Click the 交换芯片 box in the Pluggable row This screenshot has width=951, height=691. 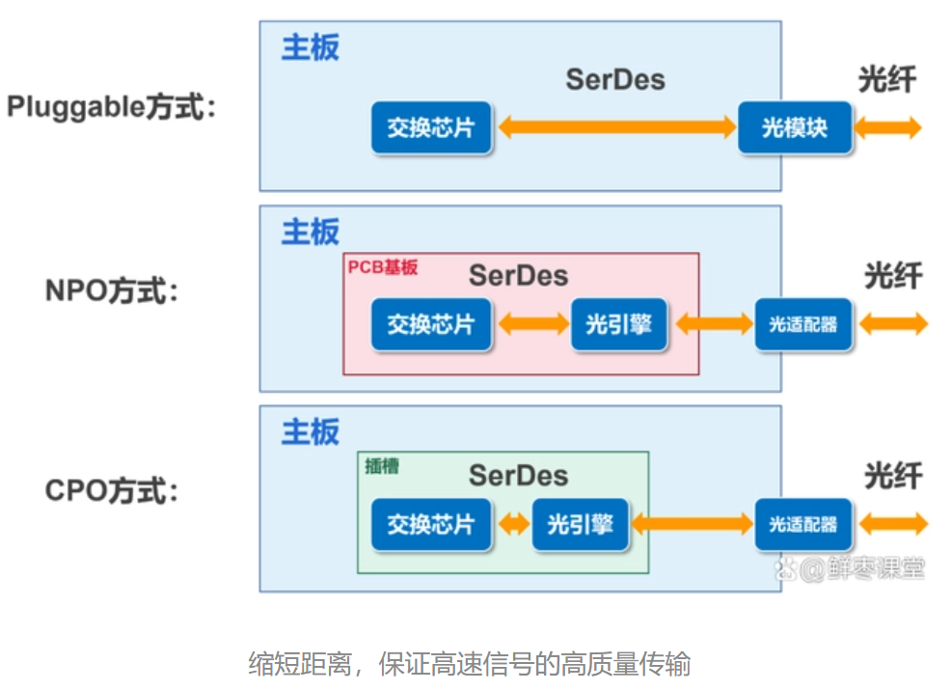point(430,126)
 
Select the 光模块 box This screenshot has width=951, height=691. point(795,126)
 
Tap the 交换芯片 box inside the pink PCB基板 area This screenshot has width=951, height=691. point(430,324)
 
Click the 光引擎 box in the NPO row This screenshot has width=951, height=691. point(618,324)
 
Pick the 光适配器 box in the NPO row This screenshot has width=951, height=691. point(803,324)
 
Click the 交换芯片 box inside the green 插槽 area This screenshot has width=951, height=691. point(430,524)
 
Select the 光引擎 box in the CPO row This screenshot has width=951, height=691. point(580,524)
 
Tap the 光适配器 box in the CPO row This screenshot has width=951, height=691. point(803,524)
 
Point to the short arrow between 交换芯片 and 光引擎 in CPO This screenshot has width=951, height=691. point(513,524)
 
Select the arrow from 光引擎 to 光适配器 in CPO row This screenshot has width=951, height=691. point(691,524)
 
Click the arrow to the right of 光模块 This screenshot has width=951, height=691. point(888,126)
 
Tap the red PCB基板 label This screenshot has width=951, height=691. point(383,267)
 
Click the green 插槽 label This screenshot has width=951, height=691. point(382,465)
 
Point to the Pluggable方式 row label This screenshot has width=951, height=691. point(112,106)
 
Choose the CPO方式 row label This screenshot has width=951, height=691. point(112,491)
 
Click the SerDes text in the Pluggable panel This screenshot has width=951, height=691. point(615,79)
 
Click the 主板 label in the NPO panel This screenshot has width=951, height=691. point(310,233)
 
